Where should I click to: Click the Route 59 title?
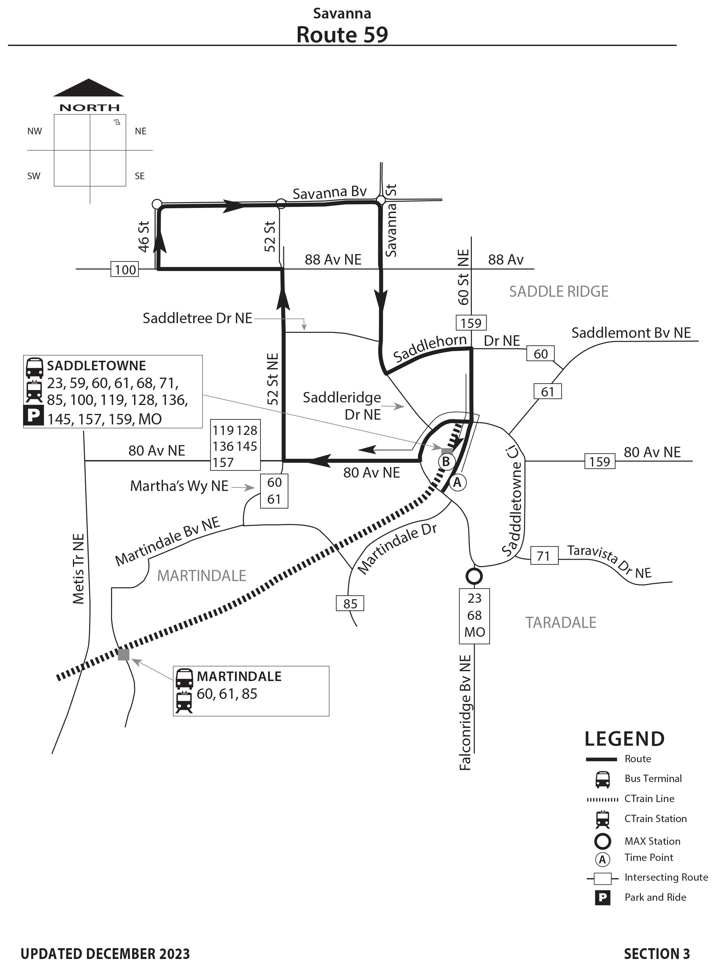tap(342, 35)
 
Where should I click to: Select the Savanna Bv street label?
tap(330, 193)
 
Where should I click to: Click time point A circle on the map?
tap(457, 482)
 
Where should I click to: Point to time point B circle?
tap(446, 462)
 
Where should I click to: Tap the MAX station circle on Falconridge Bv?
tap(474, 576)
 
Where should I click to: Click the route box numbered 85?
tap(350, 603)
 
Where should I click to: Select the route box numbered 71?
tap(543, 556)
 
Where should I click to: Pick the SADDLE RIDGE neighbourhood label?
tap(558, 292)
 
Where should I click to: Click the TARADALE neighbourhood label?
tap(561, 623)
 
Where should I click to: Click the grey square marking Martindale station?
tap(124, 654)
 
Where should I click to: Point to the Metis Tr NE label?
tap(79, 569)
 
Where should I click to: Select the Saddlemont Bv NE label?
tap(631, 333)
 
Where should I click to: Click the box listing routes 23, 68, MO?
tap(474, 615)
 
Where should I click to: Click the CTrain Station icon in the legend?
tap(602, 819)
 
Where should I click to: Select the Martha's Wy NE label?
tap(179, 486)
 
